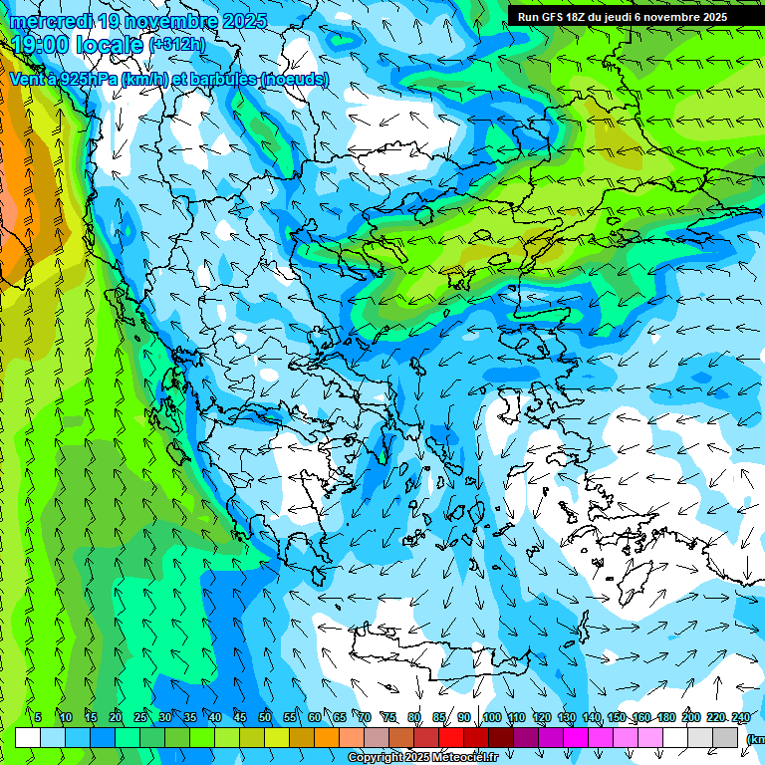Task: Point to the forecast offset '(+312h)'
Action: [177, 44]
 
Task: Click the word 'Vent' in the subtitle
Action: [28, 78]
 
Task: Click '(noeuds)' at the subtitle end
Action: [293, 78]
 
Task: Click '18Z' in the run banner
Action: [584, 17]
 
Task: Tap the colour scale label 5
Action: [38, 717]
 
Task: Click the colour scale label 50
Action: [264, 717]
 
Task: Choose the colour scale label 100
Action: [491, 717]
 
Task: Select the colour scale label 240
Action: [740, 717]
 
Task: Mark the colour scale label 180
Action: [664, 717]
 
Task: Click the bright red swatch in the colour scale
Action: [451, 738]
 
